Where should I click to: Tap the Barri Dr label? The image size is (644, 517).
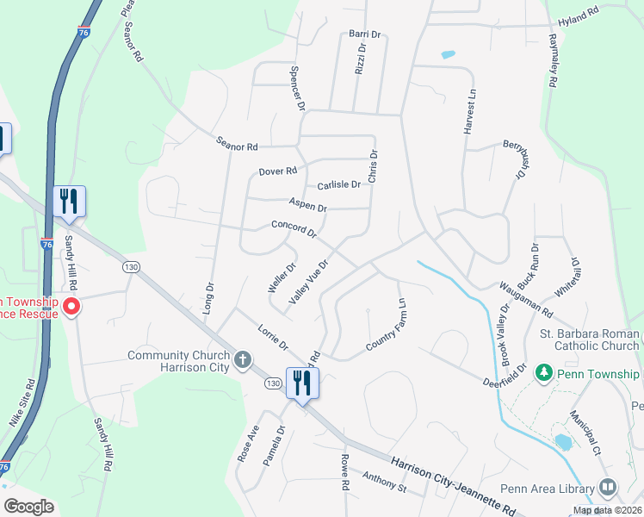365,34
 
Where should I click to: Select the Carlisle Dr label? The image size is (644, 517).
338,185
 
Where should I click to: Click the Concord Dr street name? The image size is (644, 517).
294,228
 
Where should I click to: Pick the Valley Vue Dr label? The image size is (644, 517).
309,281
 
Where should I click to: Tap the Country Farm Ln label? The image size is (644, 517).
386,325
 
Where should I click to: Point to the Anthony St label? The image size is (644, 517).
384,483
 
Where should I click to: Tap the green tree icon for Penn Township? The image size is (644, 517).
543,373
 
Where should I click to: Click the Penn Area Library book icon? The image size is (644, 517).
608,489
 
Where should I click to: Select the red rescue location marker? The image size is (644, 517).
72,306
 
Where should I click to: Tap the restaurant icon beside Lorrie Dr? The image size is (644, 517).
302,382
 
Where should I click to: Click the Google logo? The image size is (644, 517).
28,507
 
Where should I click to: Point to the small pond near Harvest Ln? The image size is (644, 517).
448,54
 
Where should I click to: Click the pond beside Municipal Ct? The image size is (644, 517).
563,442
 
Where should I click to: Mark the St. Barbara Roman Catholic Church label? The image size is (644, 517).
590,339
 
